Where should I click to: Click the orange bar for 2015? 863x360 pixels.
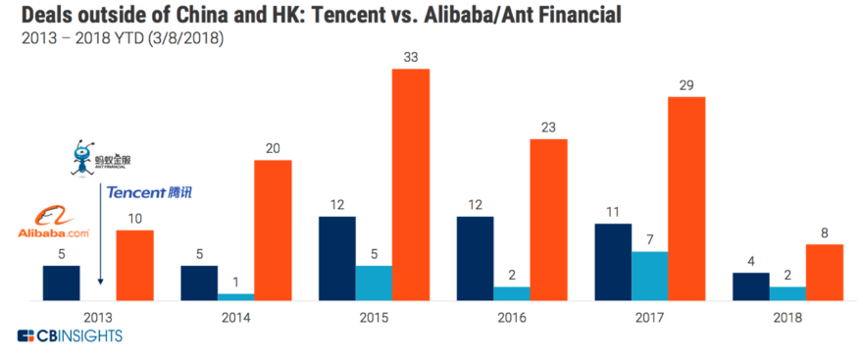coord(411,184)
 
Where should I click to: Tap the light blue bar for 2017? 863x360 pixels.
coord(649,276)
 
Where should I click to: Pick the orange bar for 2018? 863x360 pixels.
coord(825,272)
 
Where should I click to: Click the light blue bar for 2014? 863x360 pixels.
coord(235,296)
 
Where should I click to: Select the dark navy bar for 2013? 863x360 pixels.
coord(61,283)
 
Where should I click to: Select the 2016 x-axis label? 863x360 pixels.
coord(511,317)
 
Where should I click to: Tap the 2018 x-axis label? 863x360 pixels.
coord(787,317)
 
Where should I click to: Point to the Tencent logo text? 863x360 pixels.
coord(149,192)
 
